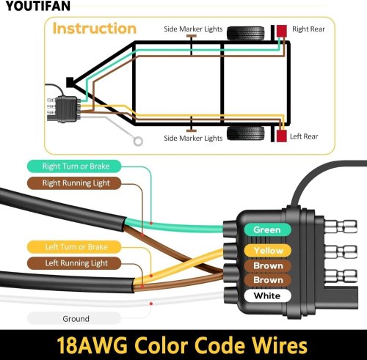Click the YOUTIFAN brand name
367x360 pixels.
coord(38,6)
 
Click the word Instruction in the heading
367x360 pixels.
coord(95,29)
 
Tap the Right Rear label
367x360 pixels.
coord(308,29)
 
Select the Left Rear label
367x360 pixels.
coord(304,136)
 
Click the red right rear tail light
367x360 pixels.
coord(282,31)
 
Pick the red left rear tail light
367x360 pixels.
coord(282,136)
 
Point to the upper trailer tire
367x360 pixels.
coord(246,33)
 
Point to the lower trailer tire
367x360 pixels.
coord(246,133)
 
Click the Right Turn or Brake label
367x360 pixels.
coord(76,166)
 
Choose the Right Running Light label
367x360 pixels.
coord(76,183)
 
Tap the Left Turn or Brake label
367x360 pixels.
coord(76,247)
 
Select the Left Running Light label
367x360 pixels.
coord(76,263)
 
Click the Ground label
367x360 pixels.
coord(76,319)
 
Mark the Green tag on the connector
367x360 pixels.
coord(267,229)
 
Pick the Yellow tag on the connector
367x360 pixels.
coord(268,251)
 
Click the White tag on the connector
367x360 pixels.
coord(267,295)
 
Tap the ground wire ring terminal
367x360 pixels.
coord(138,142)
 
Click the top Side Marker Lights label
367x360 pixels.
coord(193,29)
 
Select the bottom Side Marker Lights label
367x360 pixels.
coord(193,139)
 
